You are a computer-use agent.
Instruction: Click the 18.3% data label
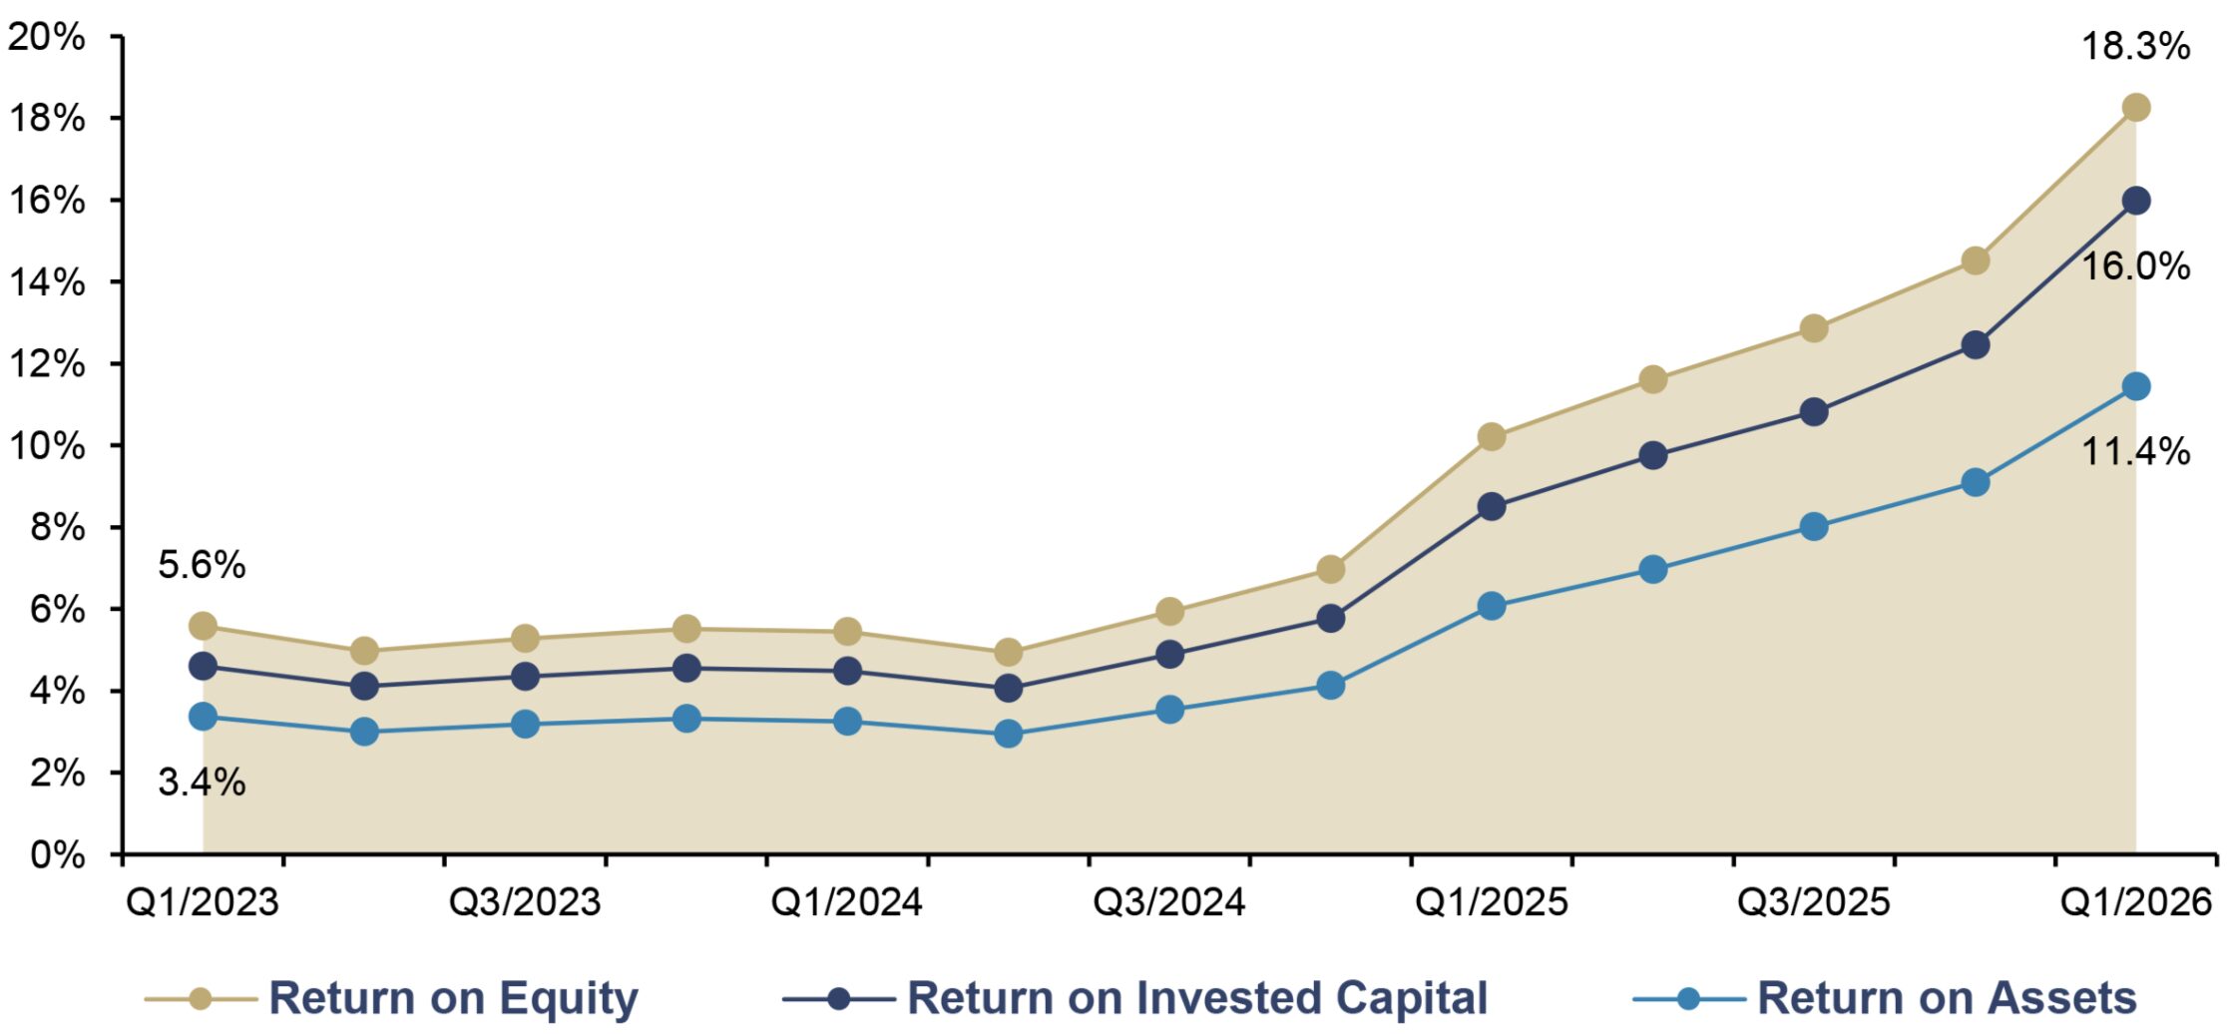(2134, 46)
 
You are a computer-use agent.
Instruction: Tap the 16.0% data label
(2134, 266)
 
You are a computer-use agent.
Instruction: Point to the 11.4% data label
(2134, 451)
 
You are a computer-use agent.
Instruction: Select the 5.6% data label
(202, 565)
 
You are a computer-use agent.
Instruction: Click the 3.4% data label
(202, 781)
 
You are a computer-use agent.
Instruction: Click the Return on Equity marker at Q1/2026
(2135, 108)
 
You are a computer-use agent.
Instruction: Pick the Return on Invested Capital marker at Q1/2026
(2135, 201)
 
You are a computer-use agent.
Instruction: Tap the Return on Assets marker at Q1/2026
(2135, 386)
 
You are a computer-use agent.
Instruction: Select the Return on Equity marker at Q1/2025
(1492, 436)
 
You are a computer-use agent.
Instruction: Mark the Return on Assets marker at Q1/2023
(203, 717)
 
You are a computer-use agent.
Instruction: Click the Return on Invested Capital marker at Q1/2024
(847, 671)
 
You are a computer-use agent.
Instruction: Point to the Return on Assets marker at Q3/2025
(1814, 527)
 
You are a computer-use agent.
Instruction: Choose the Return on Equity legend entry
(391, 998)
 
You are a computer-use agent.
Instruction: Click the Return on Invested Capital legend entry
(1134, 998)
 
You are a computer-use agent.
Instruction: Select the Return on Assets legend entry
(1885, 998)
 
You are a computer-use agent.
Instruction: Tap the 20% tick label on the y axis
(46, 37)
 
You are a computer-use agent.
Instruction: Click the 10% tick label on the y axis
(46, 446)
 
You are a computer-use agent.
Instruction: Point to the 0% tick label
(58, 854)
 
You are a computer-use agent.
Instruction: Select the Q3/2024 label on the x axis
(1169, 902)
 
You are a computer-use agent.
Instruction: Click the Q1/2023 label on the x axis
(203, 902)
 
